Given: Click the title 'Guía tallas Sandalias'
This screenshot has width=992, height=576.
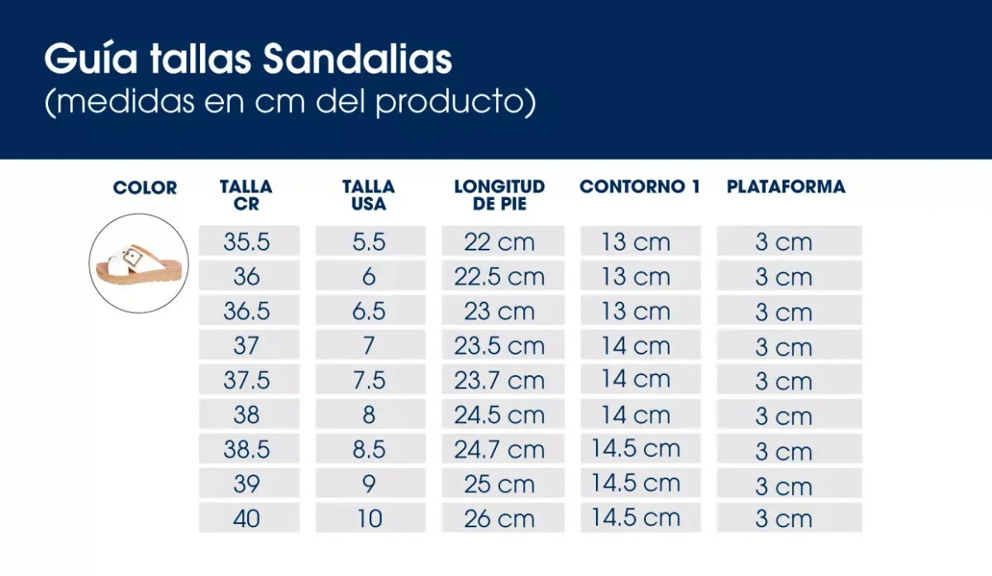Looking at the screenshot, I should tap(248, 60).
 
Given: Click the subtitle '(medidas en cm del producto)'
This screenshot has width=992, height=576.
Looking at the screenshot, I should tap(290, 102).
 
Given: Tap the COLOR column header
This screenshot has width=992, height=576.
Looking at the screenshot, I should tap(145, 188).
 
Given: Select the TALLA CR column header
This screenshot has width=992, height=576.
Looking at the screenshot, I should tap(246, 195).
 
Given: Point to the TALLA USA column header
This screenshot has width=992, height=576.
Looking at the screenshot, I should tap(369, 195).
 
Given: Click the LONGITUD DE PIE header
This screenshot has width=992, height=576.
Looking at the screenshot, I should tap(499, 195).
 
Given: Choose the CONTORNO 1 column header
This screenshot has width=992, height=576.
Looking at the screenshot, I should tap(640, 187).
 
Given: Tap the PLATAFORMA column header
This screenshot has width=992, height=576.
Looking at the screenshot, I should tap(786, 187).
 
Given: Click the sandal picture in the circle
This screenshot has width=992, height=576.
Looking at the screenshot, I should tap(139, 264).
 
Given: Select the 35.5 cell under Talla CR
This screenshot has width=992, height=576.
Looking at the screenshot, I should tap(247, 242).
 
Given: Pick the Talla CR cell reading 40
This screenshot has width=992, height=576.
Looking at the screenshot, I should tap(247, 518).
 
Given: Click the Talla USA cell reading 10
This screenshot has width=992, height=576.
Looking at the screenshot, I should tap(370, 518).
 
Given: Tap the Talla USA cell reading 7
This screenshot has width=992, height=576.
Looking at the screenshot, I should tap(370, 345).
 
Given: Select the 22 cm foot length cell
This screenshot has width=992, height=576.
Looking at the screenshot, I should tap(499, 242).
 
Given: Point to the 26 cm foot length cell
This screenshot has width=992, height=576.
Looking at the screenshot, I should tap(499, 518).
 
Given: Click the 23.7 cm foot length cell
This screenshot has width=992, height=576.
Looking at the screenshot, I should tap(499, 380).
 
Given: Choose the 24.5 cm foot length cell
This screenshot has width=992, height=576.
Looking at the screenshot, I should tap(499, 415).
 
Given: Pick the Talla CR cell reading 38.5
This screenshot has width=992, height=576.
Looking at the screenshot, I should tap(247, 450).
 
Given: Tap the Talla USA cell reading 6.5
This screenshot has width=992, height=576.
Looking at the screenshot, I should tap(370, 311).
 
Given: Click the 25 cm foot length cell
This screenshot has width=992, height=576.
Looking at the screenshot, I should tap(499, 483).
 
